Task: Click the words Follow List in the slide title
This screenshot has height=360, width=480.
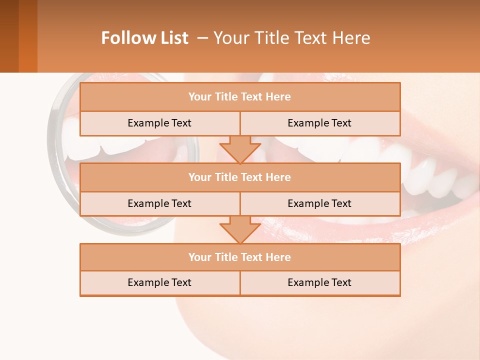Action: pos(144,38)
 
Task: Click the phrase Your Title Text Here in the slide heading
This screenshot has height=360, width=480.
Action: pos(291,38)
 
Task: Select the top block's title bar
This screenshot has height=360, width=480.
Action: pos(240,97)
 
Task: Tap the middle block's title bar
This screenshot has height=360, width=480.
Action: pos(240,177)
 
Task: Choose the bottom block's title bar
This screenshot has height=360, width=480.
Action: pos(240,257)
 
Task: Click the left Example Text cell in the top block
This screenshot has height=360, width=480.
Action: pos(160,123)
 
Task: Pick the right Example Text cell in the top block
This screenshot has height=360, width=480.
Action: pos(320,123)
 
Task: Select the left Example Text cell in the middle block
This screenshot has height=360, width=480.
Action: pos(160,203)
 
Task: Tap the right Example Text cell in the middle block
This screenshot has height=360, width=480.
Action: pos(320,203)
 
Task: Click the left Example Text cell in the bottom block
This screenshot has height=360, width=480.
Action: pos(160,282)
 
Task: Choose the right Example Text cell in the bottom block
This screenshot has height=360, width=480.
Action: pos(320,282)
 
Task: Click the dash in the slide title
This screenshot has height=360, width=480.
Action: pos(202,38)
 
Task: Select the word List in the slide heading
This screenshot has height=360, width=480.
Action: pos(173,38)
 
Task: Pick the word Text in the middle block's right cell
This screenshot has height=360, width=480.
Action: pos(341,203)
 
